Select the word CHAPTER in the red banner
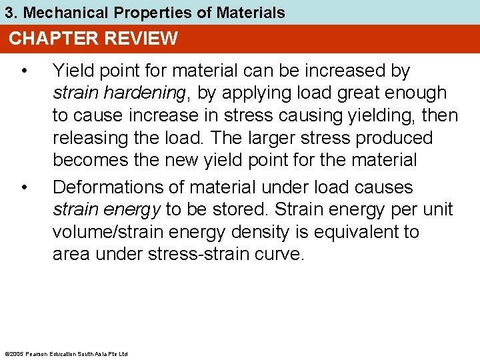point(49,39)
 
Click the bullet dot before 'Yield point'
point(24,71)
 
